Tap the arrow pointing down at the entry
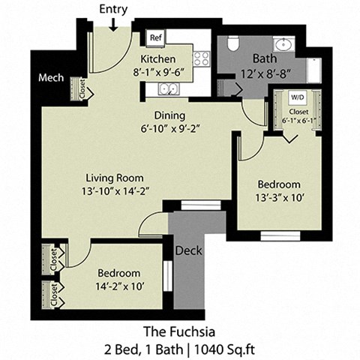pos(112,24)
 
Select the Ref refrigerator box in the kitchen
pos(156,37)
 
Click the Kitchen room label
pos(158,59)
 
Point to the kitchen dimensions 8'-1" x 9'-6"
pos(158,73)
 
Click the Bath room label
pos(265,59)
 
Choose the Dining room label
pos(170,115)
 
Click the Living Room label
pos(114,178)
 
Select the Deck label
pos(189,251)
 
